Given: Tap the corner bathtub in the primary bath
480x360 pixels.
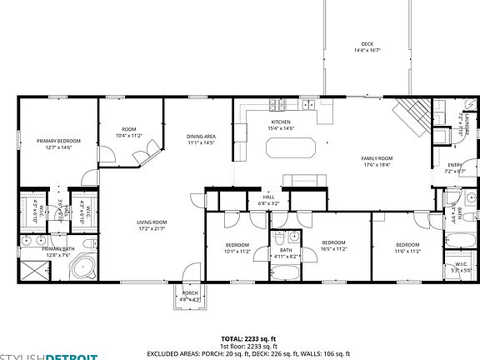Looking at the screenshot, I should coord(82,267).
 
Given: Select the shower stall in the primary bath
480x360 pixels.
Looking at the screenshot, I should coord(32,268).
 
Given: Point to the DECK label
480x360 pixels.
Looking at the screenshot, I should coord(367,44).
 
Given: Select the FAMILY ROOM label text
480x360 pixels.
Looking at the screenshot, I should coord(376,158).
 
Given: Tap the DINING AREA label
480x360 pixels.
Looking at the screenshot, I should coord(201,137).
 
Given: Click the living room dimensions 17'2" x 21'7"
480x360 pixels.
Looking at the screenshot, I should coord(152,227).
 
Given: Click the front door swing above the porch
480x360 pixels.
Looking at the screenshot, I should coord(192,273).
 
